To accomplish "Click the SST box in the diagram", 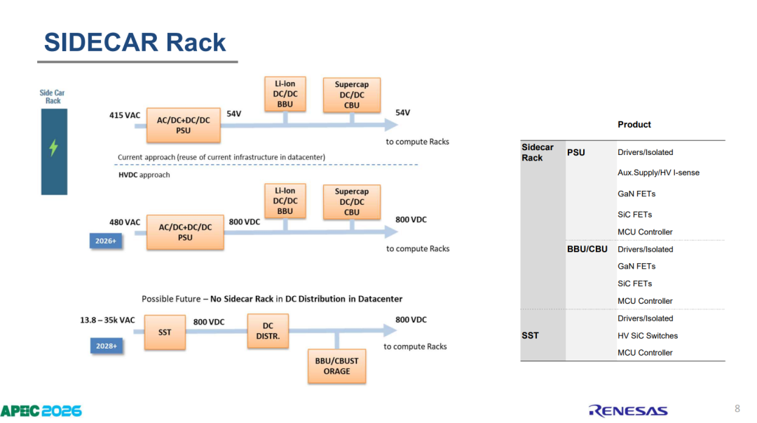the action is click(165, 332).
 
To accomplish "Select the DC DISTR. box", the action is click(268, 331).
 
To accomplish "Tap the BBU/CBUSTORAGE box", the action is click(336, 366).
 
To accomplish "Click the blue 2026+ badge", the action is click(106, 241).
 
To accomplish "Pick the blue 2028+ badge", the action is click(107, 346).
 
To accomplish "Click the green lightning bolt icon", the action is click(53, 147).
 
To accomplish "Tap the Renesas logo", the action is click(628, 411).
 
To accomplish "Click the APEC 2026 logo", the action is click(41, 411).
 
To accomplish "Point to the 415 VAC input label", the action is click(125, 115).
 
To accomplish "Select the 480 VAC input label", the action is click(125, 222).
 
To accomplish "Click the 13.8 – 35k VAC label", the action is click(107, 320).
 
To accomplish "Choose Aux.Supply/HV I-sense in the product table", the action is click(658, 173).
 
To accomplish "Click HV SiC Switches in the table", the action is click(648, 335).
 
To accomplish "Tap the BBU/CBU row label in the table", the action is click(587, 249).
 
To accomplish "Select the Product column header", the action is click(634, 124).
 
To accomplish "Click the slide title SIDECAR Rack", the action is click(135, 42).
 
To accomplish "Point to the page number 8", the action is click(737, 408).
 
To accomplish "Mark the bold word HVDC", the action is click(128, 175).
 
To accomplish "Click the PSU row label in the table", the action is click(576, 152).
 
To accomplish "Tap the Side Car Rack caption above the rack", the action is click(52, 97).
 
